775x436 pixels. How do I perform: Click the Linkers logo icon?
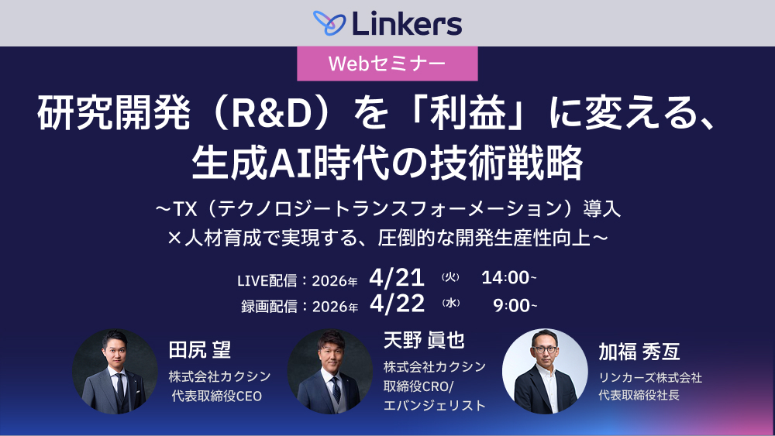tap(329, 22)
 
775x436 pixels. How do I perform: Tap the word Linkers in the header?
tap(407, 23)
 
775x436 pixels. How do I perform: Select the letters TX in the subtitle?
tap(188, 209)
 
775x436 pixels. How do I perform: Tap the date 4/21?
tap(397, 277)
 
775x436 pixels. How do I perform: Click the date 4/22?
tap(397, 304)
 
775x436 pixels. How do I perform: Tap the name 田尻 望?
tap(200, 349)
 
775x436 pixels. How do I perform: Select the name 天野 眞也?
tap(424, 340)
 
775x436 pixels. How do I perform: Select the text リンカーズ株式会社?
tap(650, 378)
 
